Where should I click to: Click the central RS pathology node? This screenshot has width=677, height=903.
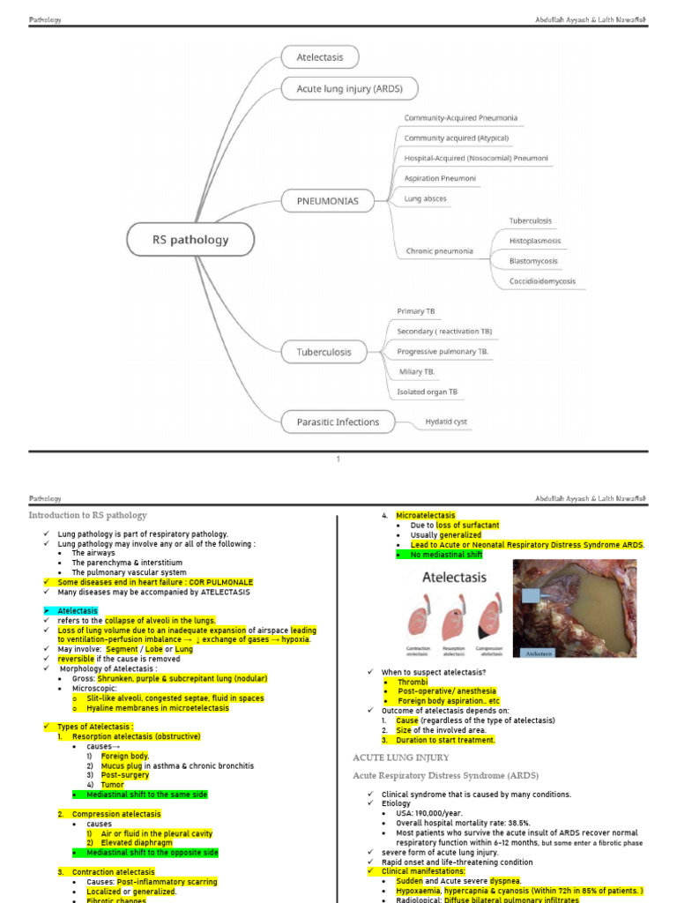[190, 240]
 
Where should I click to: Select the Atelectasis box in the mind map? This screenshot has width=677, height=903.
[314, 58]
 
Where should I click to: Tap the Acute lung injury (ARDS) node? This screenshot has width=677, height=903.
[348, 89]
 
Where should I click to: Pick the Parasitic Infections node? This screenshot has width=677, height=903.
[338, 422]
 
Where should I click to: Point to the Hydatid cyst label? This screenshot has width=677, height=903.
[446, 422]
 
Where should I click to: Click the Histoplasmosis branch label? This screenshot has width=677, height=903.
[534, 241]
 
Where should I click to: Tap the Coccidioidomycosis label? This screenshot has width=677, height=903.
[542, 281]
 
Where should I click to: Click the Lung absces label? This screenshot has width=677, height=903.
[425, 198]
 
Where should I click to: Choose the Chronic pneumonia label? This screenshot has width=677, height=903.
[439, 251]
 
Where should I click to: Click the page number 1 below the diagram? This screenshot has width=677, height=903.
[338, 459]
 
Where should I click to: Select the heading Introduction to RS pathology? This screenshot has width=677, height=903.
[87, 515]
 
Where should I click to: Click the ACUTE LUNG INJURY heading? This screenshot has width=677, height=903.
[401, 757]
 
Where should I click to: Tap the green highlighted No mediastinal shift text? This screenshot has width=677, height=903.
[446, 555]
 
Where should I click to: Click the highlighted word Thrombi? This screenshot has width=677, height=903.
[413, 683]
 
